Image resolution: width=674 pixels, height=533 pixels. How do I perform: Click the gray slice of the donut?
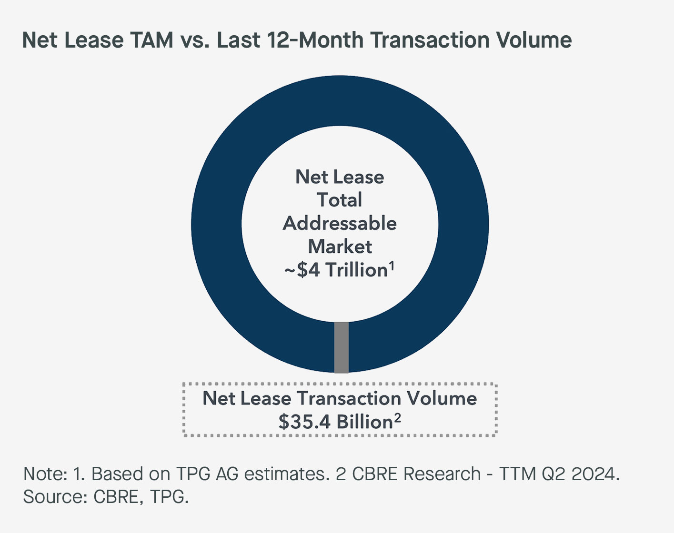[341, 347]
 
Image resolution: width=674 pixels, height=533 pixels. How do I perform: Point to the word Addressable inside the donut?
[340, 223]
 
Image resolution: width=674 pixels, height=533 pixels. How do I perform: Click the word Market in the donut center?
[340, 247]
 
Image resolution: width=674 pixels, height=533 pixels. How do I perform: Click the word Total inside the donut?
[340, 200]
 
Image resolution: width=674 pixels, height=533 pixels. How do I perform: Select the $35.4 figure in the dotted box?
[304, 422]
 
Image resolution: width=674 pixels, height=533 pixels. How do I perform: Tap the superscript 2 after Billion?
[397, 417]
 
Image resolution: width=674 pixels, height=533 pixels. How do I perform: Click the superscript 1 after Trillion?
[392, 266]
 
